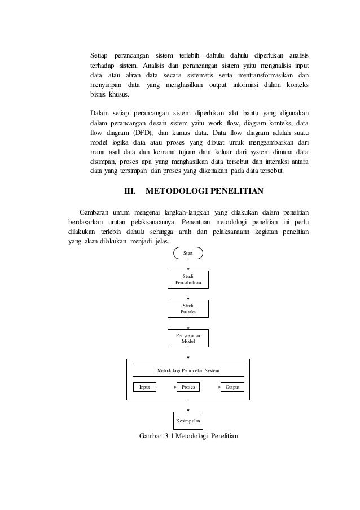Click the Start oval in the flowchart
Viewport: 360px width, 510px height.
tap(188, 253)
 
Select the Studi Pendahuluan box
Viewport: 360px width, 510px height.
tap(188, 279)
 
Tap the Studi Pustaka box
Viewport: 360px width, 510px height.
tap(188, 308)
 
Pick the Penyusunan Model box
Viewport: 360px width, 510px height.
tap(188, 339)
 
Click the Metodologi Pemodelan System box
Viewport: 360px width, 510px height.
tap(188, 370)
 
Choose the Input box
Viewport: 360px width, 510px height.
tap(144, 387)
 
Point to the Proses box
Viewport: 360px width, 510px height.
tap(188, 387)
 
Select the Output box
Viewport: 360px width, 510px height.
tap(232, 387)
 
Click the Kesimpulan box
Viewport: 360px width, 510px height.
tap(188, 421)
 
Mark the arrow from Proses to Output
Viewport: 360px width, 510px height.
tap(210, 387)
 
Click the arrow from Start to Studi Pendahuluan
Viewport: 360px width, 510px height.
tap(188, 264)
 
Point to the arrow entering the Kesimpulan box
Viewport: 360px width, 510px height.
tap(188, 406)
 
